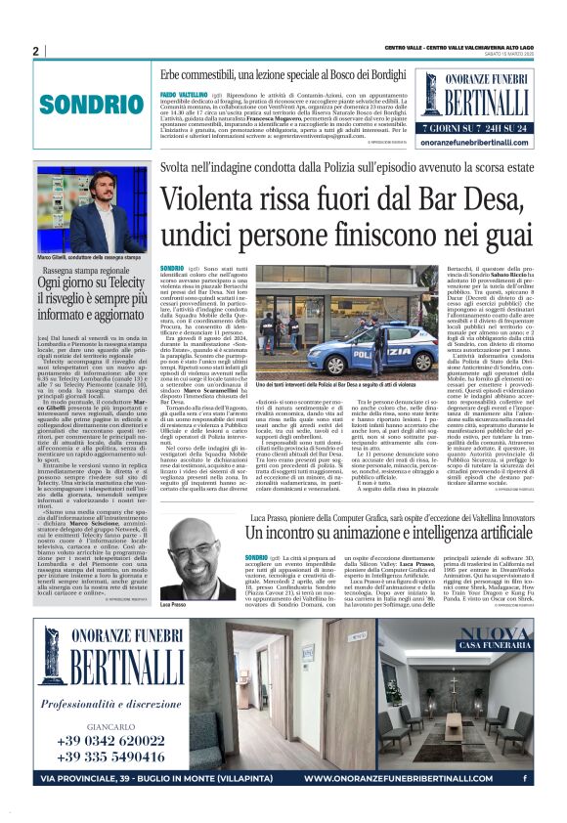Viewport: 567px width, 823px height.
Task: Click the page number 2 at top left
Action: click(x=35, y=51)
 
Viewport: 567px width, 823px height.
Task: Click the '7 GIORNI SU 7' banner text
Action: click(x=448, y=127)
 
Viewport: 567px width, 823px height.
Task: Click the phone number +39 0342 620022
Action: click(x=96, y=740)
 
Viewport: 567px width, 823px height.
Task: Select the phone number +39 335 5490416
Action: click(x=96, y=758)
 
